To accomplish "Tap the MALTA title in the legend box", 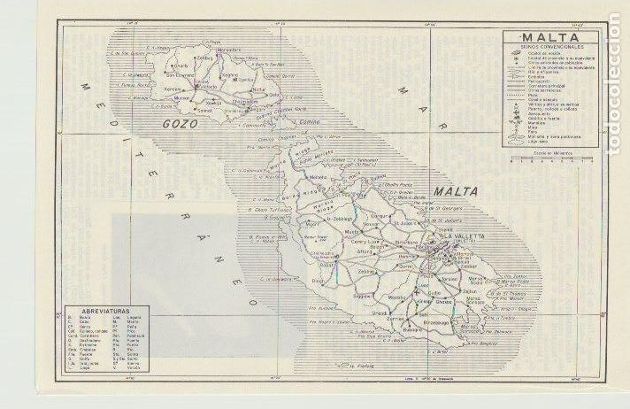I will pos(549,37).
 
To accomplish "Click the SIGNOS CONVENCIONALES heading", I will pos(549,47).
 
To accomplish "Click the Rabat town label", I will pos(325,264).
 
